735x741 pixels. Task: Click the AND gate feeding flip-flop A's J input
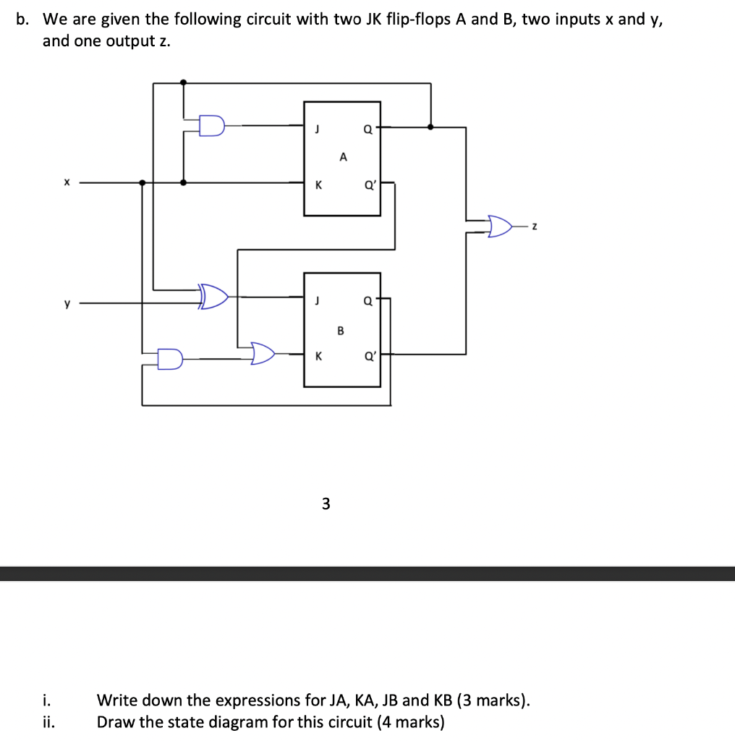(211, 126)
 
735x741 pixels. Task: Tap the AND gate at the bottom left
(170, 358)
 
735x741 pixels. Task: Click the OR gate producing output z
(501, 226)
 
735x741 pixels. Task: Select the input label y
(67, 303)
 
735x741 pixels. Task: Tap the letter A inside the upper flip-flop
(343, 156)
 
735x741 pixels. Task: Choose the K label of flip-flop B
(317, 355)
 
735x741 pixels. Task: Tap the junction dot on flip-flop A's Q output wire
(431, 127)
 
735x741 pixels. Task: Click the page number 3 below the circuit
(326, 504)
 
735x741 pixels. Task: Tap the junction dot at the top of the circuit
(184, 83)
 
